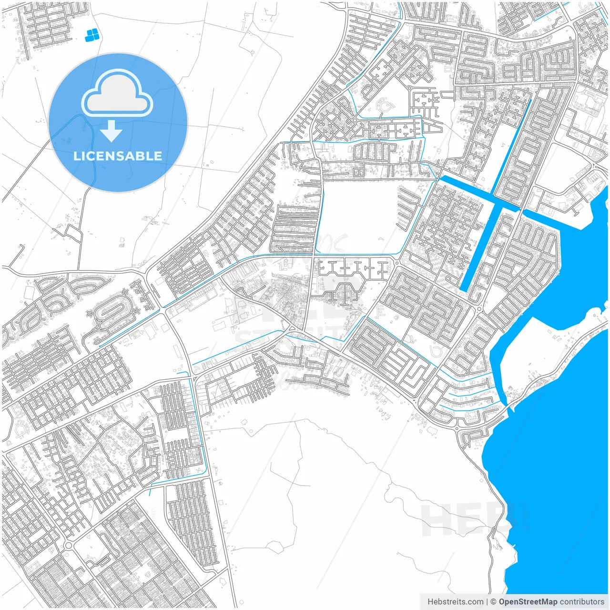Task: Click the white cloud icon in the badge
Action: point(117,94)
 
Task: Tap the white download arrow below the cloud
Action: point(112,131)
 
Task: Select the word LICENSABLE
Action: point(118,156)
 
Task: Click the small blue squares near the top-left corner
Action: point(92,34)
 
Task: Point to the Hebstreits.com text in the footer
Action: point(455,602)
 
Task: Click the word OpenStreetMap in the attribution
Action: point(528,602)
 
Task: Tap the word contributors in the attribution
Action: point(582,602)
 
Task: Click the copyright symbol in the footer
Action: point(493,602)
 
